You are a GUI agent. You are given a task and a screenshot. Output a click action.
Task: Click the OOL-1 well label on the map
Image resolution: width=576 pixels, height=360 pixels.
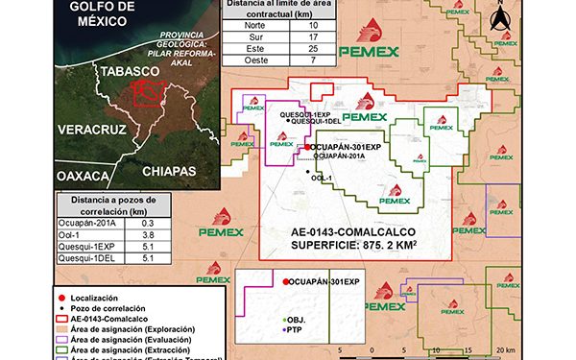click(x=323, y=178)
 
